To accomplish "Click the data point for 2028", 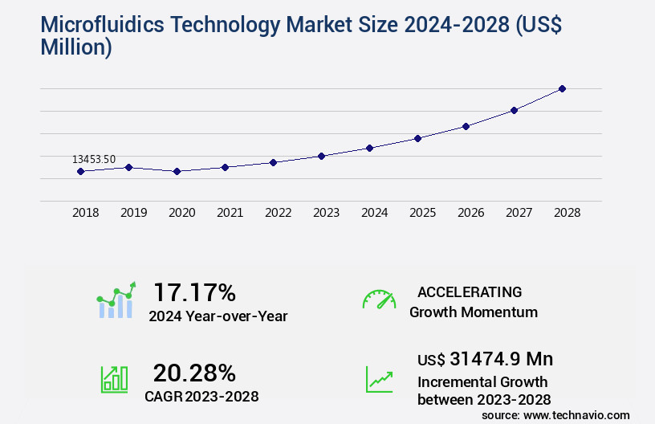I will [562, 88].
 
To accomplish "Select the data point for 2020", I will [177, 171].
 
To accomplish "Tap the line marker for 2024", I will [369, 148].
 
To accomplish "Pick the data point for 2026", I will [466, 126].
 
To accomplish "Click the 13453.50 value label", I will [94, 159].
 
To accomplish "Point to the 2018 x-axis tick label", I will [85, 213].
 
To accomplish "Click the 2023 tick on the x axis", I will [326, 213].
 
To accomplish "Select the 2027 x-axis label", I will [519, 213].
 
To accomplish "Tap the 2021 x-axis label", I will [230, 213].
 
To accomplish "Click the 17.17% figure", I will [194, 292].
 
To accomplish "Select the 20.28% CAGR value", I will [194, 373].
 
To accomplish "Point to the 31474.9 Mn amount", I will [485, 359].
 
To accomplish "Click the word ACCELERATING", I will [470, 292].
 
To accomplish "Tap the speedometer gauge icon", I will [379, 300].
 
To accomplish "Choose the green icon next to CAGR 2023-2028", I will [114, 379].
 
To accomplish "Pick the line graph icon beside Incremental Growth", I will [379, 379].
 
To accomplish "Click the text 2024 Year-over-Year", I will [218, 316].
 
